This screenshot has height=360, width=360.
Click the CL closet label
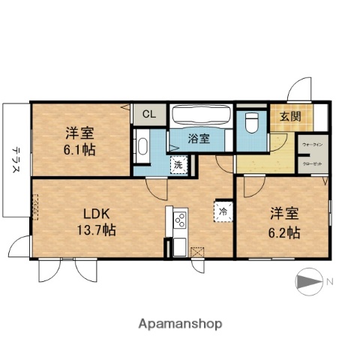pyautogui.click(x=149, y=115)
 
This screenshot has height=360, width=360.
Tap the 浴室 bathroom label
pyautogui.click(x=198, y=138)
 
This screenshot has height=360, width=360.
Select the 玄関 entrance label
pyautogui.click(x=290, y=116)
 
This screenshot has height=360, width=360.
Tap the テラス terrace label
pyautogui.click(x=15, y=159)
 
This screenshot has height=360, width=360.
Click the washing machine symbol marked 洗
pyautogui.click(x=178, y=164)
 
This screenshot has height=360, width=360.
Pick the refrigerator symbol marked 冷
pyautogui.click(x=223, y=211)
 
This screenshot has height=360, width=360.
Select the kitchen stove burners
pyautogui.click(x=180, y=221)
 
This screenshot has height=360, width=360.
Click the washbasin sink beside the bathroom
pyautogui.click(x=142, y=146)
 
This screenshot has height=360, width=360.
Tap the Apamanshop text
pyautogui.click(x=180, y=324)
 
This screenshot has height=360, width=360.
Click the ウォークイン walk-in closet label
pyautogui.click(x=312, y=143)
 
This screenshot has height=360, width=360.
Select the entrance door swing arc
pyautogui.click(x=300, y=88)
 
